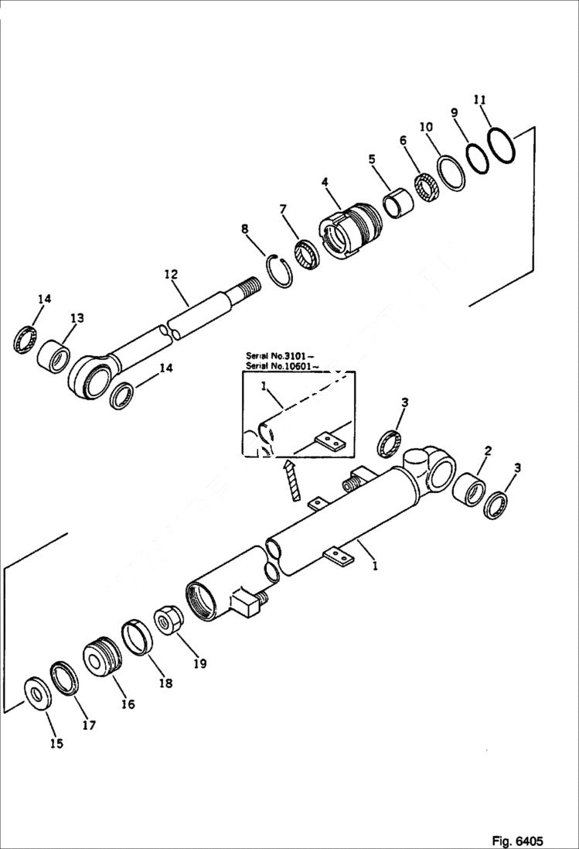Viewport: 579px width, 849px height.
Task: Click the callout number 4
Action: (x=325, y=182)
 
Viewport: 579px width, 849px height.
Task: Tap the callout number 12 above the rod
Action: (x=171, y=274)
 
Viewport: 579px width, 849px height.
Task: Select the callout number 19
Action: (x=200, y=662)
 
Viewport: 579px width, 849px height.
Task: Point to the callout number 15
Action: (x=56, y=743)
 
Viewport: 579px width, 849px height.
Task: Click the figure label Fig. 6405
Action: (x=517, y=840)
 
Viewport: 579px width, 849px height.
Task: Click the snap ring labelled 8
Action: (x=280, y=271)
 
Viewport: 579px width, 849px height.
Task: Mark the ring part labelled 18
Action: (x=138, y=635)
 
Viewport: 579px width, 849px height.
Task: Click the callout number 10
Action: (x=425, y=127)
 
